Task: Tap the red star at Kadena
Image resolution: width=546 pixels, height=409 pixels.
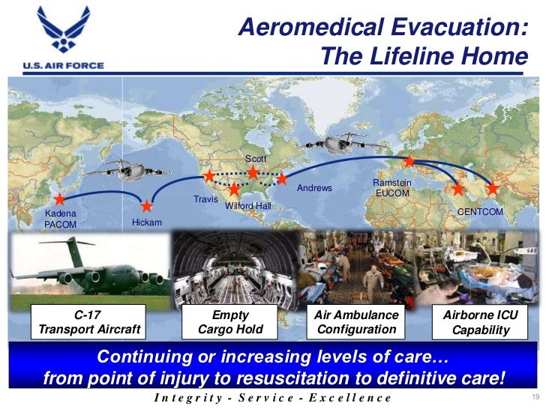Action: pos(59,200)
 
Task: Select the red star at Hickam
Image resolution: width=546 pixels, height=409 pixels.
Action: pos(147,205)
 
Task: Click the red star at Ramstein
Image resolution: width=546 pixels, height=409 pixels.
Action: pos(409,161)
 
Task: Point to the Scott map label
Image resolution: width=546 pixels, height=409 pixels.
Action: pos(255,159)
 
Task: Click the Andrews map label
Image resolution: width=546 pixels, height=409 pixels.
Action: pos(314,188)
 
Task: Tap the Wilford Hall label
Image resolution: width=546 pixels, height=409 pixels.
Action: pos(248,205)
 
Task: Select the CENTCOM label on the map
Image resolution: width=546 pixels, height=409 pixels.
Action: pos(480,212)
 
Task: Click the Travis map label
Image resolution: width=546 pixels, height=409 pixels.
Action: pos(205,199)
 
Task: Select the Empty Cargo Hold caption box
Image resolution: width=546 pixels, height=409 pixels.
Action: pos(230,322)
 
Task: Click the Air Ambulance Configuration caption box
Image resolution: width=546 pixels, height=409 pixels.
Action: pos(356,322)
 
